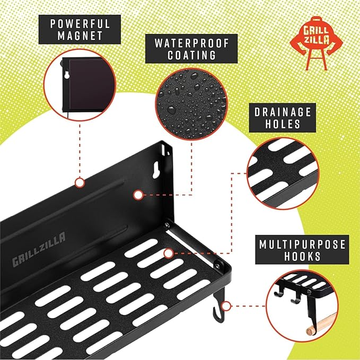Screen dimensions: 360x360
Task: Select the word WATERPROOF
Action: tap(185, 43)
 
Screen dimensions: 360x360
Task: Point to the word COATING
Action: tap(185, 56)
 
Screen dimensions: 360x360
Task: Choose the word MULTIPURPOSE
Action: tap(303, 244)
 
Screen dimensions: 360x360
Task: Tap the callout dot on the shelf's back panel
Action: tap(138, 195)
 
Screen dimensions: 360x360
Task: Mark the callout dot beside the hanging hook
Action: tap(226, 306)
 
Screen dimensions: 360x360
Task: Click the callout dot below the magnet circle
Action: tap(80, 183)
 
